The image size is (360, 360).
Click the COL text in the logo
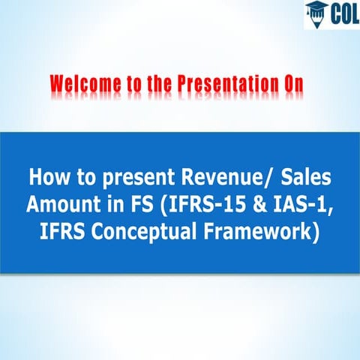tap(342, 14)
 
